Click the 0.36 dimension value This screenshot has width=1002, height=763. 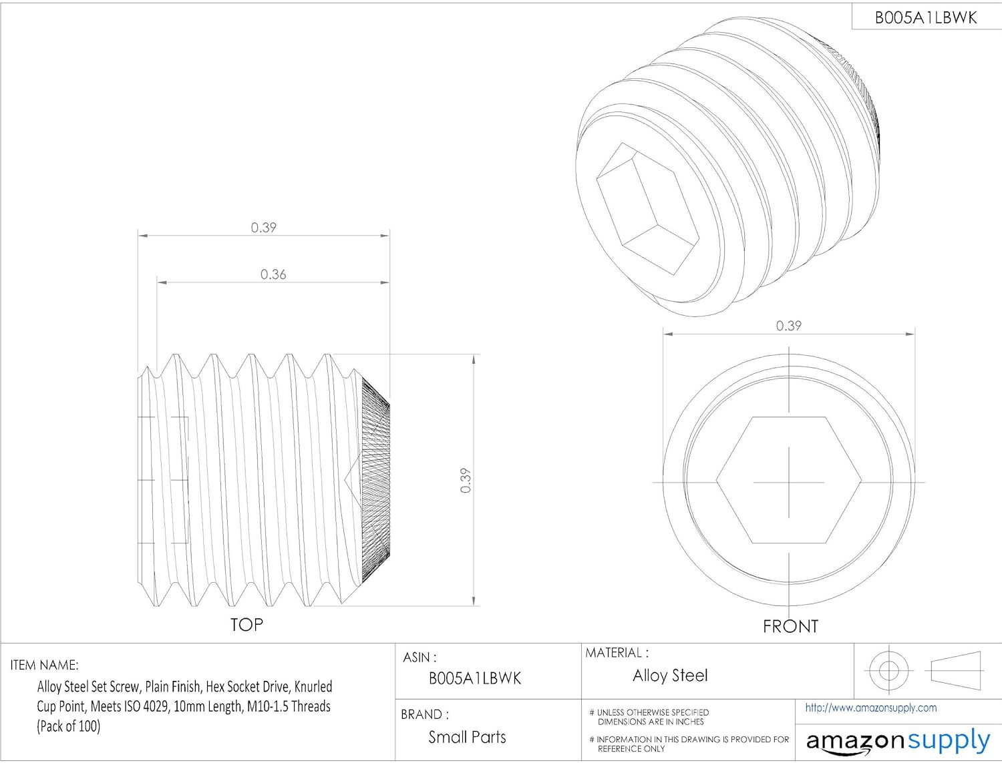coord(273,274)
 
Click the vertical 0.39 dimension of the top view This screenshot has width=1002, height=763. coord(465,480)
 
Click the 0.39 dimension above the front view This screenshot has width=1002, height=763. coord(788,326)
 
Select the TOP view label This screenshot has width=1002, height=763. coord(246,625)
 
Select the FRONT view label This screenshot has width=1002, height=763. coord(791,626)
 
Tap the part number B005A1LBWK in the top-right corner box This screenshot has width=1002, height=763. coord(926,18)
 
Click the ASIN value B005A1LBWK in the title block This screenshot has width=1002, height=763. coord(475,679)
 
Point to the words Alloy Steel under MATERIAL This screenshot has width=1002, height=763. coord(670,676)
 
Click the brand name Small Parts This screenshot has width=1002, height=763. coord(467,737)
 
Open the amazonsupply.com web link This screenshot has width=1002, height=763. coord(871,708)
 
